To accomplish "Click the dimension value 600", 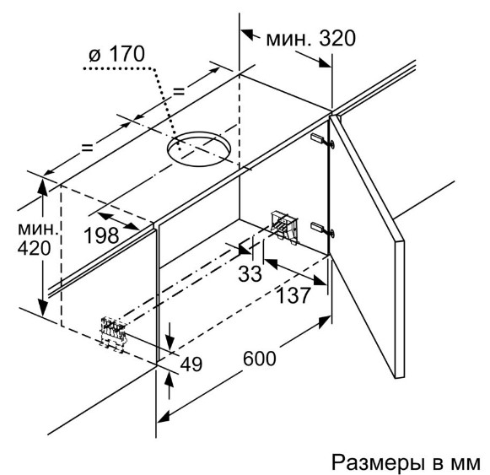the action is [260, 359].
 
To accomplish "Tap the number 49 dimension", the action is [191, 364].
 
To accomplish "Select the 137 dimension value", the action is [293, 295].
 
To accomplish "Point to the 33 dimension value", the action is [250, 274].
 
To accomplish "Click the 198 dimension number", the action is [102, 235].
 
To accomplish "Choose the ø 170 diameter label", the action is [117, 54].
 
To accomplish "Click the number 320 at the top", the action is [337, 39].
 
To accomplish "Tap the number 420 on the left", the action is [34, 249].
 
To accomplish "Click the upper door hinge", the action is [322, 140].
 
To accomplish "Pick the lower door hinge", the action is [322, 229].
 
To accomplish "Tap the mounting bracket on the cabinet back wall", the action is [283, 228].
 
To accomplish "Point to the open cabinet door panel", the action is [367, 247].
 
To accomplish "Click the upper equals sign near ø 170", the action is [179, 91].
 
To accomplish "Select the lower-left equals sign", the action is [87, 148].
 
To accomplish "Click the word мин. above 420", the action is [38, 229].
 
